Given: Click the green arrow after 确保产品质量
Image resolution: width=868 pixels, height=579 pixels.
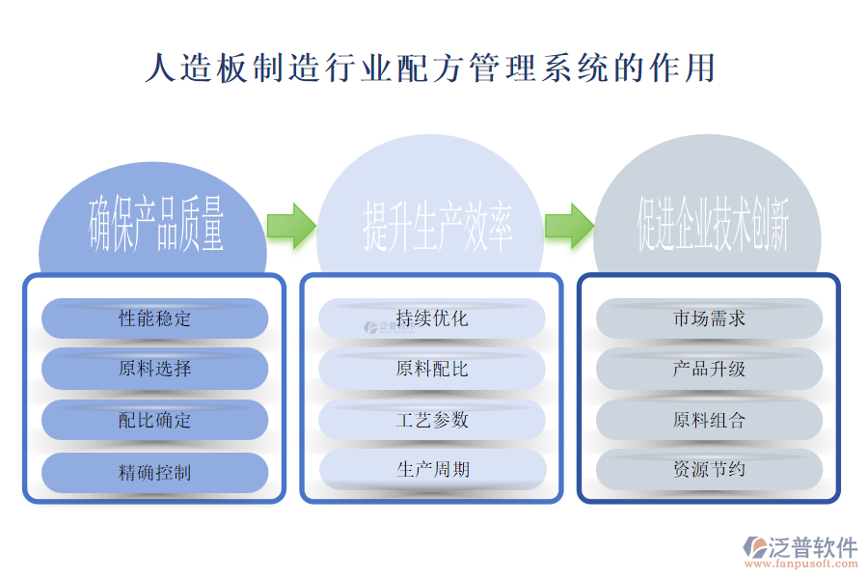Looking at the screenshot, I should pyautogui.click(x=291, y=226).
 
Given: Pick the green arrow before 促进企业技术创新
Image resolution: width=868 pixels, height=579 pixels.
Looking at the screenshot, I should pyautogui.click(x=569, y=226).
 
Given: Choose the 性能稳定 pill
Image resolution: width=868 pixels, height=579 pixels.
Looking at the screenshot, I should pyautogui.click(x=154, y=318).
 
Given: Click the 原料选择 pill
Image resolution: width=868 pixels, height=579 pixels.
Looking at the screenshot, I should pyautogui.click(x=154, y=369).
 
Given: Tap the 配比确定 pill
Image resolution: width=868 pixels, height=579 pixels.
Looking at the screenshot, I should pyautogui.click(x=154, y=420).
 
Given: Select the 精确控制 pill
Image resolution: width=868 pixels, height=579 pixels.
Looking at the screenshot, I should pyautogui.click(x=154, y=472).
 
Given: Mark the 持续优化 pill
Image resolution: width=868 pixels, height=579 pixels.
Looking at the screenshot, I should pyautogui.click(x=432, y=317).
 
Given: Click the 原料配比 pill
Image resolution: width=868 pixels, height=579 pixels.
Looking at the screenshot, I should pyautogui.click(x=432, y=369).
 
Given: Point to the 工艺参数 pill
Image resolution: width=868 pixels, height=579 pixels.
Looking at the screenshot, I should pyautogui.click(x=432, y=420).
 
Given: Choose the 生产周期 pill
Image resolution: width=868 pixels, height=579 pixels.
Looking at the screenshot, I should pyautogui.click(x=432, y=470).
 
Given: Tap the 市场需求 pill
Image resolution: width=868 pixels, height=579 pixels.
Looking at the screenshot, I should pyautogui.click(x=709, y=317).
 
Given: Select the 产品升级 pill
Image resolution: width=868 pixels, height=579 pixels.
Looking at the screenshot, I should pyautogui.click(x=709, y=369).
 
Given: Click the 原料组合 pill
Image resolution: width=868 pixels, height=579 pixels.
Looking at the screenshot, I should pyautogui.click(x=709, y=420).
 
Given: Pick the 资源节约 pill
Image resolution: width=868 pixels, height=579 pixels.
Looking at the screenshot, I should pyautogui.click(x=709, y=470).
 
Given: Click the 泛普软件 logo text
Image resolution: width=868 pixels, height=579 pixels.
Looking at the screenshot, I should pyautogui.click(x=812, y=547).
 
